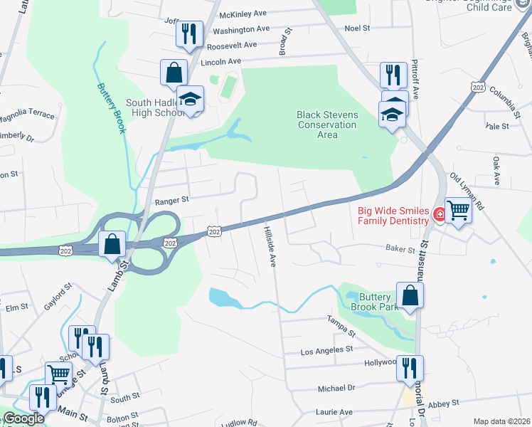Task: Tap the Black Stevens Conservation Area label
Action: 328,125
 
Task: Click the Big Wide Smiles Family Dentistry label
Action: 393,216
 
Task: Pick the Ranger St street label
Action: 171,201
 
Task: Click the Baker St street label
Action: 400,250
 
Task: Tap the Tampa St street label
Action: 341,327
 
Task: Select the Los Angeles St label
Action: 327,350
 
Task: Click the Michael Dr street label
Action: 336,389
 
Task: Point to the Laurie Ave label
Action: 335,412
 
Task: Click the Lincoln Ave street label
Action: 221,62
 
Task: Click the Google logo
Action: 24,418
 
